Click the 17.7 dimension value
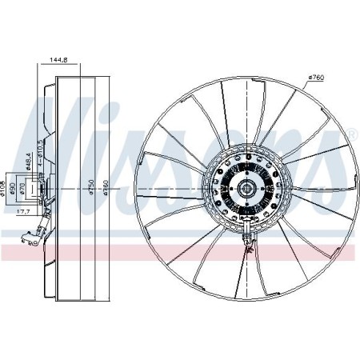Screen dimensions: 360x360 tap(24, 212)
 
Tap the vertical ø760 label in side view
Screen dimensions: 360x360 tap(94, 187)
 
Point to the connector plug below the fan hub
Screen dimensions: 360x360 tap(248, 235)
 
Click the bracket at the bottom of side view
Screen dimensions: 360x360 tap(34, 234)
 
